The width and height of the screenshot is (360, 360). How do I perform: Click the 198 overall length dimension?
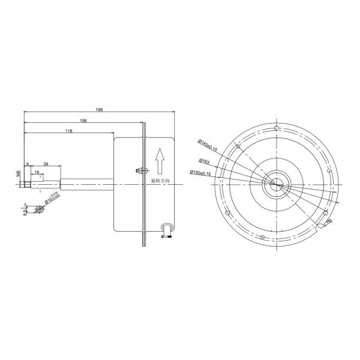click(99, 110)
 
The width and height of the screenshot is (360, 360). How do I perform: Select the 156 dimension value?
click(83, 121)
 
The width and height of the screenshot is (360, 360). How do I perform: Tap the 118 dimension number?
click(68, 131)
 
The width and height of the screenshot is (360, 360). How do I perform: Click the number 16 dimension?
click(37, 173)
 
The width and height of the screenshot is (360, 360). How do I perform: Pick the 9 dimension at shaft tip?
click(28, 164)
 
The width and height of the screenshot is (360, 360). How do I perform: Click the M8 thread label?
click(18, 174)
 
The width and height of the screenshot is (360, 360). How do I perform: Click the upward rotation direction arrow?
click(160, 160)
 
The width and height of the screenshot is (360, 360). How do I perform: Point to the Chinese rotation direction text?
click(160, 180)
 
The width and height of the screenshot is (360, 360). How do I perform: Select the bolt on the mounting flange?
click(140, 170)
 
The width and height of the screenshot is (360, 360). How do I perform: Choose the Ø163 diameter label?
click(204, 161)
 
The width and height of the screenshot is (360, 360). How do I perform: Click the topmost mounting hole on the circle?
click(275, 128)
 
